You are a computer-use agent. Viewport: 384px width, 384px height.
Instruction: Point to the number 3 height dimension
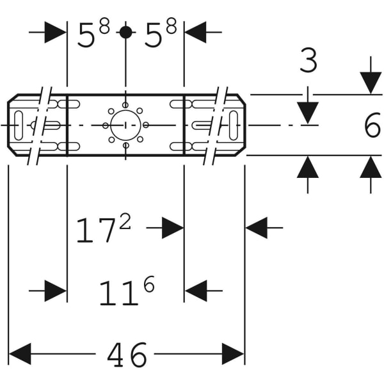[x=308, y=61]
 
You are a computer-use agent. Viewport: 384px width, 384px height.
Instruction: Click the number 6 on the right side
[x=372, y=126]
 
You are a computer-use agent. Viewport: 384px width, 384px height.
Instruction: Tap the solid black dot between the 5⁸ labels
[x=126, y=32]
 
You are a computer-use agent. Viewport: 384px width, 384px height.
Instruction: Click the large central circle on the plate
[x=125, y=125]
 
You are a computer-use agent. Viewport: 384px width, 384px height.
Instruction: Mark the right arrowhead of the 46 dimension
[x=233, y=354]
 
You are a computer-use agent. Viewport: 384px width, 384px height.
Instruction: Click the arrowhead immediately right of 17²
[x=173, y=228]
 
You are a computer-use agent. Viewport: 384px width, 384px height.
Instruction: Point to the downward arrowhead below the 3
[x=308, y=113]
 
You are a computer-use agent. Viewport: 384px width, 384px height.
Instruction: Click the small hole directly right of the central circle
[x=146, y=125]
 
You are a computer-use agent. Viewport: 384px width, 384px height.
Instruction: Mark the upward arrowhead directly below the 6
[x=371, y=167]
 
